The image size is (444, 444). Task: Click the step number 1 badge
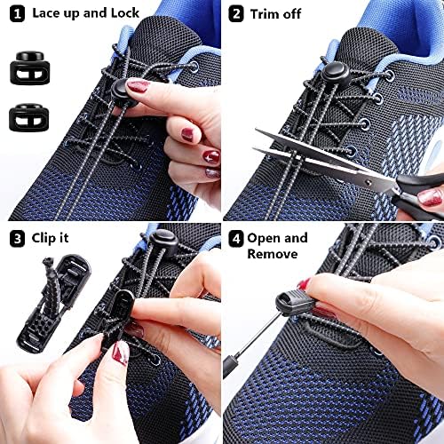click(16, 12)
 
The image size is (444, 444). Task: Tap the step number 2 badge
click(236, 13)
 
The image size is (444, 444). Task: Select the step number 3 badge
click(16, 238)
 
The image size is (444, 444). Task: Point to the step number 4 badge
click(236, 238)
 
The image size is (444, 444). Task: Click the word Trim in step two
click(267, 13)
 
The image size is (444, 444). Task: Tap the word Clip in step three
click(44, 238)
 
